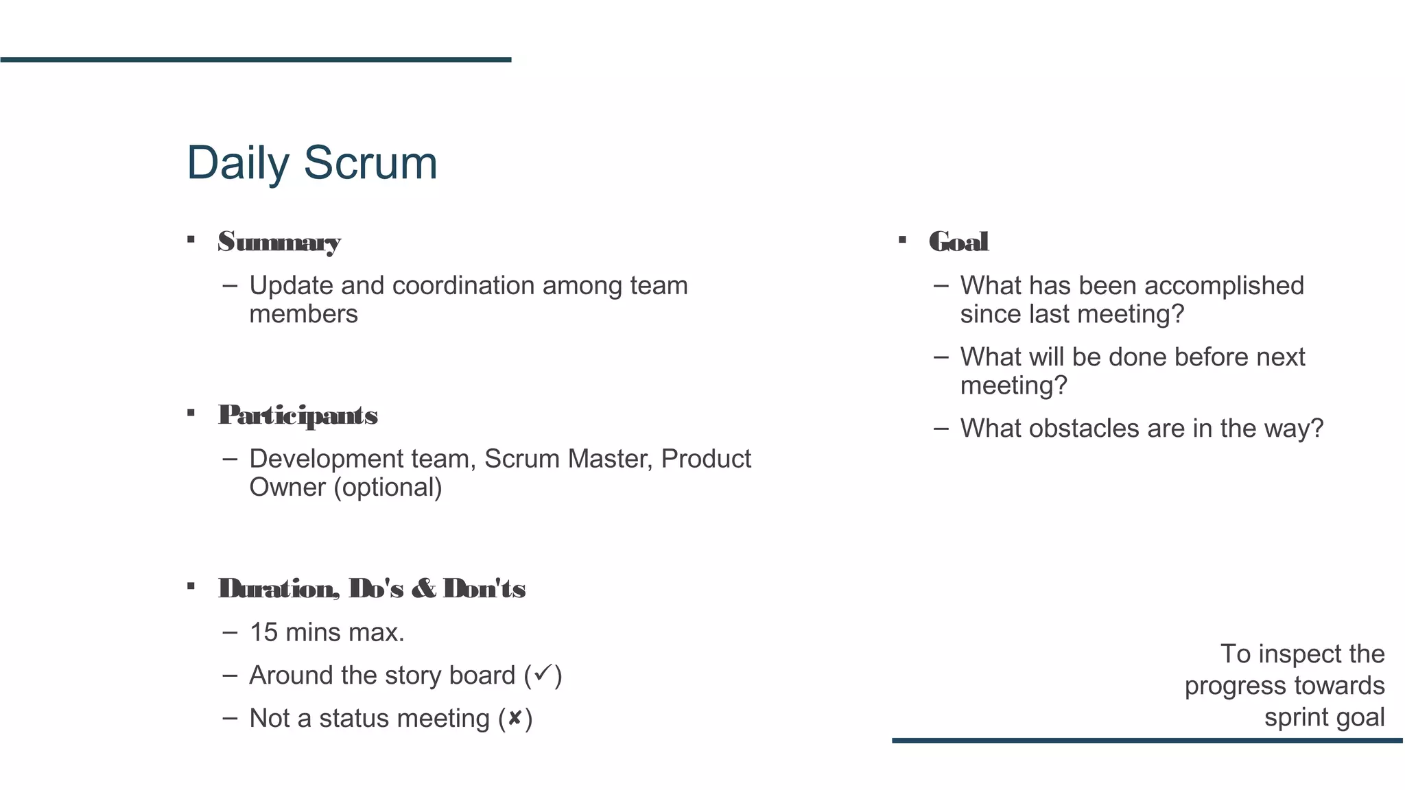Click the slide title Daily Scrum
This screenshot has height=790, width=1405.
[311, 163]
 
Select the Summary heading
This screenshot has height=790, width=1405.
[279, 241]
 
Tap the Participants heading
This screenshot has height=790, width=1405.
[298, 415]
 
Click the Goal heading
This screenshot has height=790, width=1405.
[958, 241]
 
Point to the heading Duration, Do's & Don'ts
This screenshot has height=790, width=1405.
[372, 588]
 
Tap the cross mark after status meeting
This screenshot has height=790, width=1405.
[515, 718]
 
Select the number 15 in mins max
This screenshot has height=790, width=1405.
[263, 632]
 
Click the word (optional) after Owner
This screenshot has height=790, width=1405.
[388, 488]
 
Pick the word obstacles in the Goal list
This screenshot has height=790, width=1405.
[1084, 429]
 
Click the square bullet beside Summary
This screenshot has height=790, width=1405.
[191, 240]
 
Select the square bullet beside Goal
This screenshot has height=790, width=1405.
[902, 240]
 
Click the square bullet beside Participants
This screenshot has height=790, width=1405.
[191, 413]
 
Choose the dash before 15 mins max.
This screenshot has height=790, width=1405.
[231, 632]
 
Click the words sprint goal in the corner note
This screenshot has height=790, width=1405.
[1324, 717]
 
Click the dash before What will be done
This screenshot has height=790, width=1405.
[941, 357]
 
